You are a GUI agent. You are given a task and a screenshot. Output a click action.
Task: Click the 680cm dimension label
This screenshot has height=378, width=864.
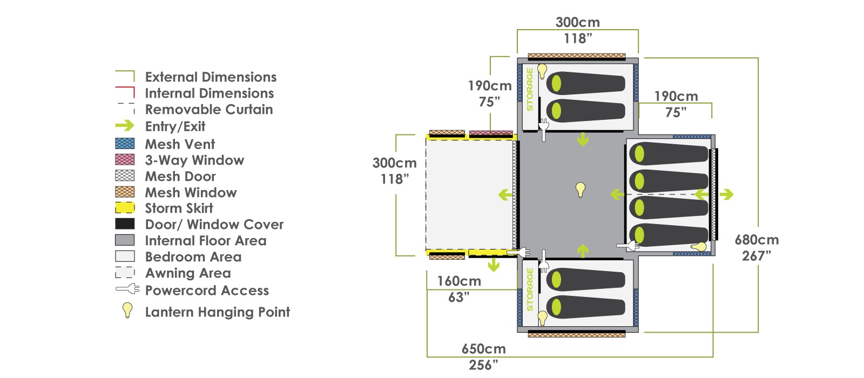(x=757, y=240)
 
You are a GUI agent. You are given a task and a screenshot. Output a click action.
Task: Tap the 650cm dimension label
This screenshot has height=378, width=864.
(x=484, y=349)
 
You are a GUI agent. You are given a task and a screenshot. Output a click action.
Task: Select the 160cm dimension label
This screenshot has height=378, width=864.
(x=459, y=281)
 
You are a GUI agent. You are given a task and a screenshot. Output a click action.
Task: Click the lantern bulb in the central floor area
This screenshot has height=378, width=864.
(x=580, y=190)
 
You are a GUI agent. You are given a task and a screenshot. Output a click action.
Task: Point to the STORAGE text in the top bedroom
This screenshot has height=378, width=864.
(x=530, y=90)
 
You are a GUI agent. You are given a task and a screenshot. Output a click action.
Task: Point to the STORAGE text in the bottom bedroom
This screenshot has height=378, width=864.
(x=530, y=289)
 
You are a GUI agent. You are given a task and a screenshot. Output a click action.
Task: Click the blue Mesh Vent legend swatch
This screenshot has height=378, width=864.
(x=125, y=144)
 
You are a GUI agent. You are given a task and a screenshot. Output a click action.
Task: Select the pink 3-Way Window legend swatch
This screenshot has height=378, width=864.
(x=125, y=160)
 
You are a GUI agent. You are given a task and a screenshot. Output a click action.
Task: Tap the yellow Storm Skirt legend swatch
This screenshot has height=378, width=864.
(x=125, y=208)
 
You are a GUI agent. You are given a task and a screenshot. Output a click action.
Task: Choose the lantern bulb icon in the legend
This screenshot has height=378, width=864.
(x=127, y=310)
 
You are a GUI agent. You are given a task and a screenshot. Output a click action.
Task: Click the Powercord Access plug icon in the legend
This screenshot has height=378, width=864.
(x=127, y=289)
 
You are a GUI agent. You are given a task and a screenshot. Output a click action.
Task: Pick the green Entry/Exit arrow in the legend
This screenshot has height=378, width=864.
(x=125, y=125)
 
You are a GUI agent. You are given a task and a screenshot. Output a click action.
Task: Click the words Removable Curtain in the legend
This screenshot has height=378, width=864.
(x=209, y=110)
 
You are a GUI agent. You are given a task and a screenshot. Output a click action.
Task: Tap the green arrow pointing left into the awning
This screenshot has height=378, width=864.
(x=505, y=195)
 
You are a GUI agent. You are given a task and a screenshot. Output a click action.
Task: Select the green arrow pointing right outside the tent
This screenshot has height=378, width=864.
(x=726, y=194)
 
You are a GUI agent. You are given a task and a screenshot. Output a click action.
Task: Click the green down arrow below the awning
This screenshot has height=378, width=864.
(x=493, y=265)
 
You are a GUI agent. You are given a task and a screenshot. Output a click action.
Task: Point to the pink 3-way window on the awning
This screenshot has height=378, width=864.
(x=491, y=133)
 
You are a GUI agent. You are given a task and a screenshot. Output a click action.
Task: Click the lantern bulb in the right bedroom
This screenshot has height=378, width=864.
(x=699, y=247)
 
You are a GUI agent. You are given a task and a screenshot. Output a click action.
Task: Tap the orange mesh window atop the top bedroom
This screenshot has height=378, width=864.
(x=577, y=56)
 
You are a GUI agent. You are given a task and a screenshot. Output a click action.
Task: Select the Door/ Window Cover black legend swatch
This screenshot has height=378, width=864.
(x=125, y=224)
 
